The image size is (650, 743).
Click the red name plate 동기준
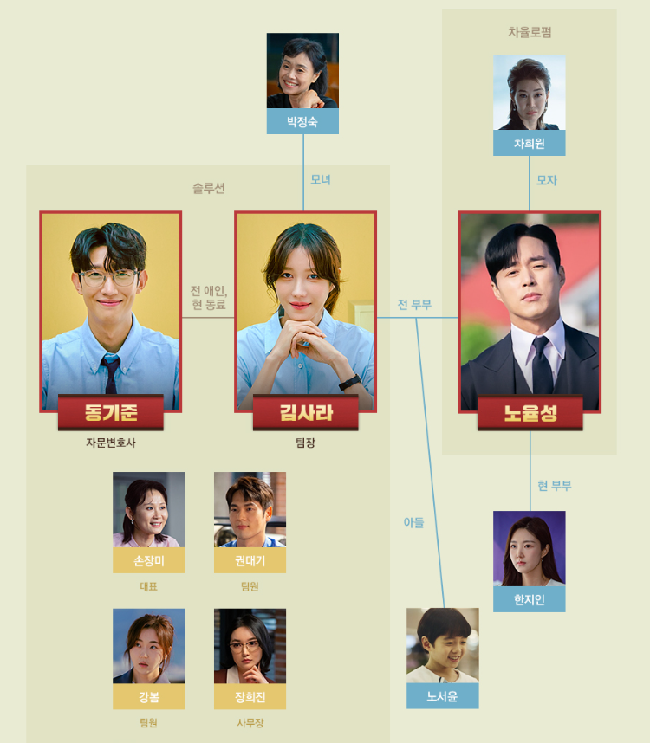tap(111, 412)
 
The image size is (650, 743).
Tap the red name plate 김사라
tap(306, 412)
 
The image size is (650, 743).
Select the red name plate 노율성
tap(530, 413)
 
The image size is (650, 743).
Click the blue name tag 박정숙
tap(302, 122)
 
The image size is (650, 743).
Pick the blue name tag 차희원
tap(530, 144)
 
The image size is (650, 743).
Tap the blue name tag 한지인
tap(530, 599)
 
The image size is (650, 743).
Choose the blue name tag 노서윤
tap(442, 696)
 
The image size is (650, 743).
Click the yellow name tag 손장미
tap(148, 560)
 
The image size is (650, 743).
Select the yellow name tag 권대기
tap(250, 560)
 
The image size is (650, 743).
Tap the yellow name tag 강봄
tap(148, 696)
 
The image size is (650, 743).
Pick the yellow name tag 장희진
tap(250, 696)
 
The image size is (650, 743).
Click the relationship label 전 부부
tap(414, 305)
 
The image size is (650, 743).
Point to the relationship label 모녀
tap(321, 180)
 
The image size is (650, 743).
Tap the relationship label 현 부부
tap(554, 486)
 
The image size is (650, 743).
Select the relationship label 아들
tap(413, 522)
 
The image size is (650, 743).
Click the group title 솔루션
tap(209, 188)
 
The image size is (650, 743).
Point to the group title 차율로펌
tap(530, 32)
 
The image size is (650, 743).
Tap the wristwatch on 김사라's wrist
tap(350, 381)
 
